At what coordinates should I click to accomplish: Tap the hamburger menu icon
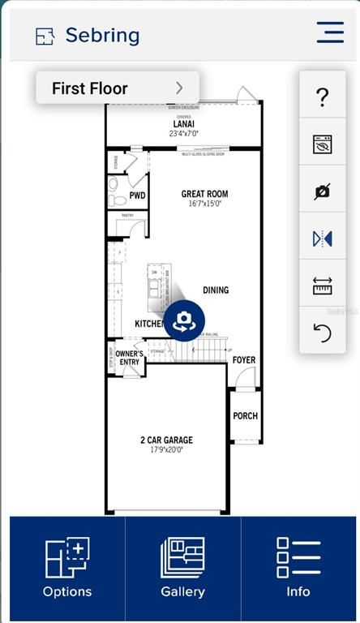pos(330,32)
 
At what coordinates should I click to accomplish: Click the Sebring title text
pos(102,36)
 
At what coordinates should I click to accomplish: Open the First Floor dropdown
pos(118,88)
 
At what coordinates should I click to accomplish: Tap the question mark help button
pos(323,97)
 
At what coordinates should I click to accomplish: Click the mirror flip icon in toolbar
pos(323,238)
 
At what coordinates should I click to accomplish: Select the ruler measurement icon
pos(323,286)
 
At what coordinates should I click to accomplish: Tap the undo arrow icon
pos(323,332)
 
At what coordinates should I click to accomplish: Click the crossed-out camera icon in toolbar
pos(323,191)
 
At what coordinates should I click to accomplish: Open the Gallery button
pos(182,568)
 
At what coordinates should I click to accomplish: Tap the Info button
pos(298,568)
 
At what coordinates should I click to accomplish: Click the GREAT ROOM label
pos(204,194)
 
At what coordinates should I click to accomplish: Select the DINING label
pos(216,290)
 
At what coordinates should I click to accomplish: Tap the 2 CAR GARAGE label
pos(166,440)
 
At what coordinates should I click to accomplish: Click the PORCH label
pos(246,416)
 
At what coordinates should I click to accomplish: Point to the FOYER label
pos(244,359)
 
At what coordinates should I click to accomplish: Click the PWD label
pos(137,195)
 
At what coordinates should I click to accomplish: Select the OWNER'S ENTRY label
pos(129,358)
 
